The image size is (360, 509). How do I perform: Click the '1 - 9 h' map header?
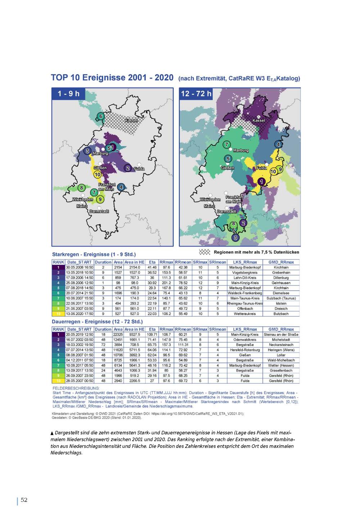pos(69,94)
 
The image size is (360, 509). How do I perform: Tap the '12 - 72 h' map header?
pos(197,94)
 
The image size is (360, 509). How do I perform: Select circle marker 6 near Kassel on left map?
pos(101,116)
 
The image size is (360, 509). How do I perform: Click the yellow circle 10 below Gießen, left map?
pos(98,175)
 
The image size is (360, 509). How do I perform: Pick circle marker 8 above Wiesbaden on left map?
pos(82,188)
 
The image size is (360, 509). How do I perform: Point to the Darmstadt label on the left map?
pos(99,211)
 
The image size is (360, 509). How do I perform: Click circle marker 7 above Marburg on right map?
pos(227,145)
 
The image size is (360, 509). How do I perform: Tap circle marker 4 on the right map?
pos(278,145)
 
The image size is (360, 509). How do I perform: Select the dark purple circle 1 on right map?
pos(262,181)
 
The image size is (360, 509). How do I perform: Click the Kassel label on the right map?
pos(259,121)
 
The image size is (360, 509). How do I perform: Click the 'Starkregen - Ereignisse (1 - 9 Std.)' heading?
pos(94,254)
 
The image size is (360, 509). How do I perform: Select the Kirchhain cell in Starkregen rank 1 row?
pos(281,267)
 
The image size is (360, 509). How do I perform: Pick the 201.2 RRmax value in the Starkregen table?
pos(166,283)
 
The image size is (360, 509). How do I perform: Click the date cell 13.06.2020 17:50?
pos(79,314)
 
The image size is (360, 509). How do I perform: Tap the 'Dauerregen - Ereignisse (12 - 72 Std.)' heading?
pos(97,321)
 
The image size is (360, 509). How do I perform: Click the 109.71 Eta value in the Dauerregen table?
pos(152,334)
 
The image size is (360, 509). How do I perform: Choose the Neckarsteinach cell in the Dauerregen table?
pos(281,345)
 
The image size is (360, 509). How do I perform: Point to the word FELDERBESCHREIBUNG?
pos(76,388)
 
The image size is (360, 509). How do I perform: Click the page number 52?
pos(24,500)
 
